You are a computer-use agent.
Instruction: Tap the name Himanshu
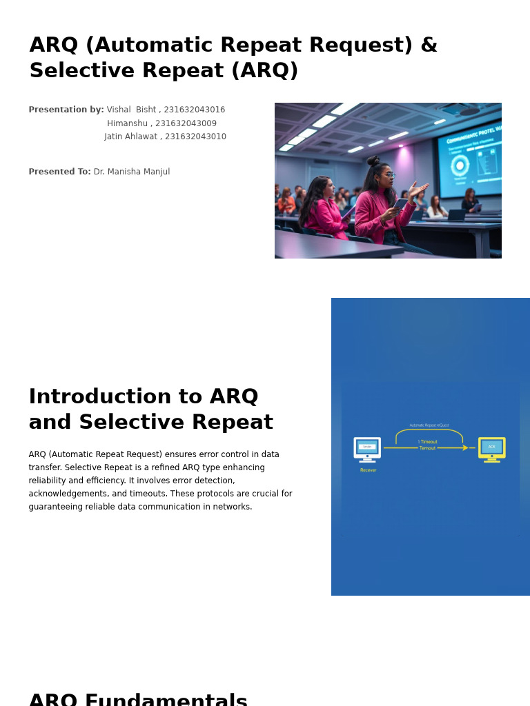126,123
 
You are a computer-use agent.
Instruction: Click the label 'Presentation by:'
66,110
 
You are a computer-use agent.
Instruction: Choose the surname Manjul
155,172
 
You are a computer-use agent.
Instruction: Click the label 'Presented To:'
59,172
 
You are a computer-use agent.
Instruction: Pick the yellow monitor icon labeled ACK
491,448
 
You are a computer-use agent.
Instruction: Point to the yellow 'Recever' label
369,470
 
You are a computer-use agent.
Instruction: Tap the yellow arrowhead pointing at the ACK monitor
465,448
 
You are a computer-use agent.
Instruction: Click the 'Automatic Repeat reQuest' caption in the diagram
429,425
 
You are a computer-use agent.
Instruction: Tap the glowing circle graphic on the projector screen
460,165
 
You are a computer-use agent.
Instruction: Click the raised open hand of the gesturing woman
418,188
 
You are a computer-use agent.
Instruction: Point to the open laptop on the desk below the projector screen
455,214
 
